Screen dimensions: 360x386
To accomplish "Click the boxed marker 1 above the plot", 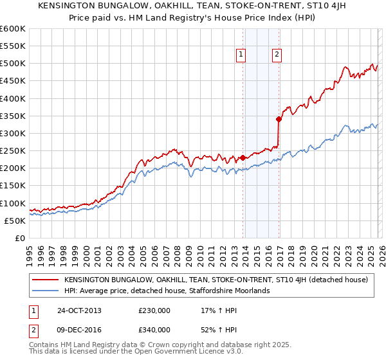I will [241, 55].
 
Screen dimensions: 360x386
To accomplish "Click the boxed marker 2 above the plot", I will [277, 55].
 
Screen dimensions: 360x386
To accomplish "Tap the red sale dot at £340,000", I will [279, 119].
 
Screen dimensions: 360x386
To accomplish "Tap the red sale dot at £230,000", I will [243, 157].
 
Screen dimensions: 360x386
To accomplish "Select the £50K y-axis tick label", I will [14, 221].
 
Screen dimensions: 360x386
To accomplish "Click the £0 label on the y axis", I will [19, 238].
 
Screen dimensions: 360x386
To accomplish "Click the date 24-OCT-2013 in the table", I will [78, 310].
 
